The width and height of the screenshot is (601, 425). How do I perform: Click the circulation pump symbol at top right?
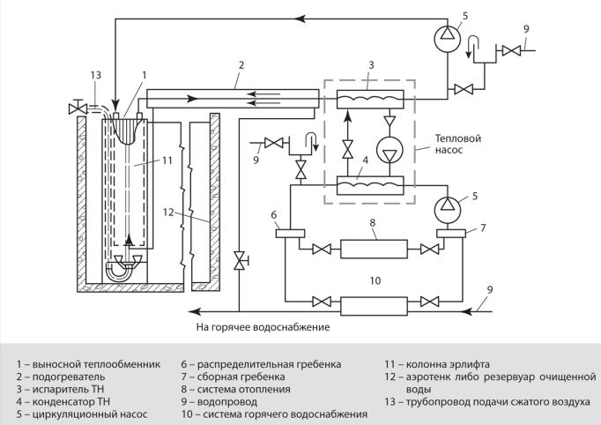448,37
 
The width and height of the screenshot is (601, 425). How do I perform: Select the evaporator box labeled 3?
370,100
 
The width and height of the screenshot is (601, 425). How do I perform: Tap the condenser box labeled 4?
370,185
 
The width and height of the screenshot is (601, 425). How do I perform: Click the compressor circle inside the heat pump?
390,151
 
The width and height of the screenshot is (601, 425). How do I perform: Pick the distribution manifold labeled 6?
290,234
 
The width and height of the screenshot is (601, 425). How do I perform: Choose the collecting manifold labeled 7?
451,234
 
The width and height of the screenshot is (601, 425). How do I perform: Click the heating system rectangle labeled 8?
374,249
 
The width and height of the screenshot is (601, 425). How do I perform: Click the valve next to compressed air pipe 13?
78,108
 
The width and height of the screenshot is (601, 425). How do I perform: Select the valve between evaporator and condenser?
348,150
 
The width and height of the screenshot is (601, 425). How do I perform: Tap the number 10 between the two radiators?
375,280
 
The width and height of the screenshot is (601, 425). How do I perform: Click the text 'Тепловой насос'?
458,144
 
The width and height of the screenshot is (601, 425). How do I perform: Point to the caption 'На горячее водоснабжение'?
263,327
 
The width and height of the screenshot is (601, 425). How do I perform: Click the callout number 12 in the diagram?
168,212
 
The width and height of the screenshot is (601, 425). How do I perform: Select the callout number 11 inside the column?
167,160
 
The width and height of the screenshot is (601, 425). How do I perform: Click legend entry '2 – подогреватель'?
61,377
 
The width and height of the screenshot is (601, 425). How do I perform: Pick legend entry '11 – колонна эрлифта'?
437,364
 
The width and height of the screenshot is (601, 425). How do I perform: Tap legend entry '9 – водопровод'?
219,402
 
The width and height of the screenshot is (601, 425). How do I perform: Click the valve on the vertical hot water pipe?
241,260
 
